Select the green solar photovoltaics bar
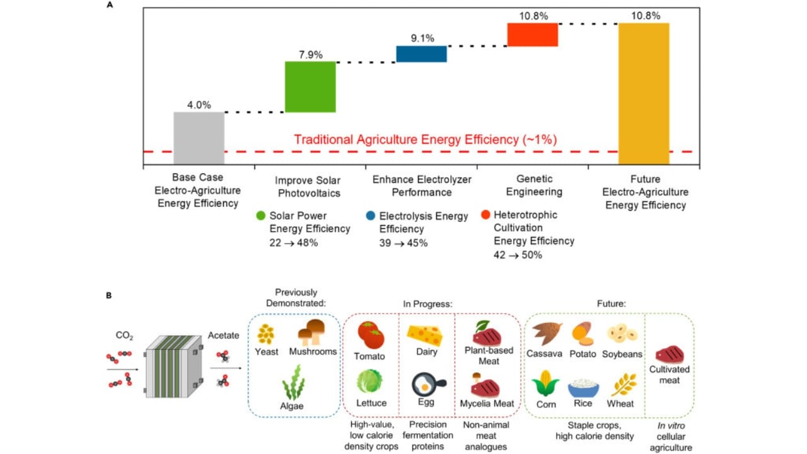coord(310,87)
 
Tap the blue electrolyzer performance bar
coord(421,54)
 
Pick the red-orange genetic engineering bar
coord(533,35)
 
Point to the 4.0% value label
coord(199,105)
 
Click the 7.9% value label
coord(310,54)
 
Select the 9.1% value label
coord(422,38)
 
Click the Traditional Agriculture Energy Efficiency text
coord(426,139)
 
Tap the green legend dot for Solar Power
coord(262,216)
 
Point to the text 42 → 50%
coord(518,255)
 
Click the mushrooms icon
coord(312,332)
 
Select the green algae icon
coord(293,385)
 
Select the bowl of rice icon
coord(584,386)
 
